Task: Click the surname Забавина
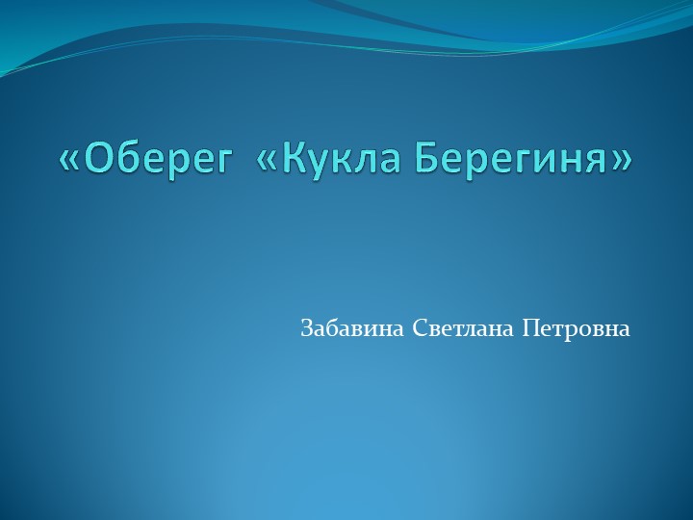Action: click(352, 328)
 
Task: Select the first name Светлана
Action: click(463, 328)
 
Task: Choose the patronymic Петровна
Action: click(576, 328)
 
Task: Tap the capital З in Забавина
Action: click(306, 328)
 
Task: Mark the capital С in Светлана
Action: click(419, 328)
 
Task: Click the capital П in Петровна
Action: click(528, 328)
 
